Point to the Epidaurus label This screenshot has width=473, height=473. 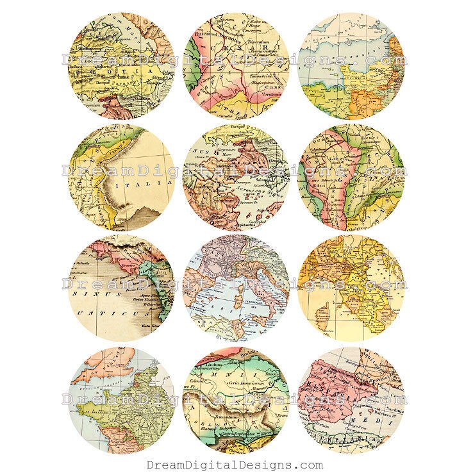[x=240, y=226]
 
